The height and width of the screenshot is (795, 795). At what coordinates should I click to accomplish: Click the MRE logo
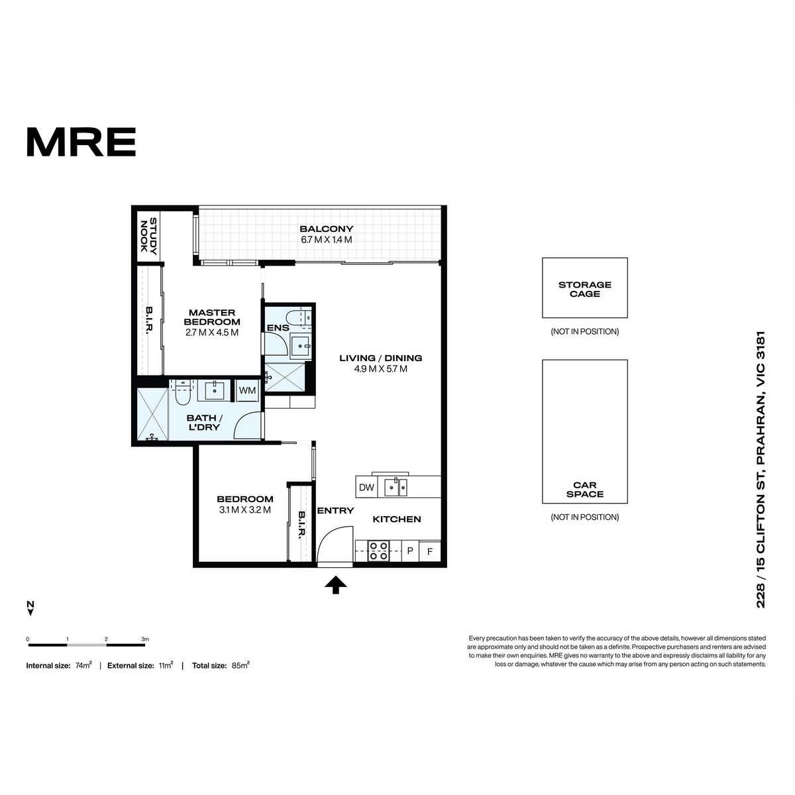81,142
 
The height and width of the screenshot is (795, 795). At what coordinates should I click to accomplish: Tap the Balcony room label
327,229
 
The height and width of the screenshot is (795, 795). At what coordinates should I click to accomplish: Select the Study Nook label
148,236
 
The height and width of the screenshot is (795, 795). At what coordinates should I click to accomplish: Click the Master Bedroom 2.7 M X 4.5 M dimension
212,333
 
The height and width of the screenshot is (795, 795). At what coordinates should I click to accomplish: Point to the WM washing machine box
248,390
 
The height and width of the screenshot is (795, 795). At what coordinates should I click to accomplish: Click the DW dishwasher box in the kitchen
366,487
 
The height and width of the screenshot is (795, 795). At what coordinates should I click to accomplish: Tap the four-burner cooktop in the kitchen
378,551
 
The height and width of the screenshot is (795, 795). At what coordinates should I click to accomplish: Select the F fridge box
430,552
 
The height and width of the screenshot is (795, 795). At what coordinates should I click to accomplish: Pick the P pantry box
410,551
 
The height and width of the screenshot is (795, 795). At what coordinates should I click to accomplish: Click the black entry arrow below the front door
335,584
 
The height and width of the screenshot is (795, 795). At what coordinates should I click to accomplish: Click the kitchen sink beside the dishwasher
396,487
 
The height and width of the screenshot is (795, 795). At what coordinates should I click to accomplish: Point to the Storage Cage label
584,290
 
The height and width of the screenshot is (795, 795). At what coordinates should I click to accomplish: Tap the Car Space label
584,490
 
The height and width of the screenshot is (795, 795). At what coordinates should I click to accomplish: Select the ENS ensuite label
278,328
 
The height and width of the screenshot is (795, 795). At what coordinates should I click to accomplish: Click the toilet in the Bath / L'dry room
182,392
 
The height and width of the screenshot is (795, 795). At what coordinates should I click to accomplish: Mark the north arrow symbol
30,608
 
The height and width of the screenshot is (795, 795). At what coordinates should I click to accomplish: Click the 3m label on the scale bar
145,639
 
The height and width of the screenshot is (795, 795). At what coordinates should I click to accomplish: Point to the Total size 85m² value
240,665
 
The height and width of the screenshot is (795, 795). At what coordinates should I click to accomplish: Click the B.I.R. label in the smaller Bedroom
302,524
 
